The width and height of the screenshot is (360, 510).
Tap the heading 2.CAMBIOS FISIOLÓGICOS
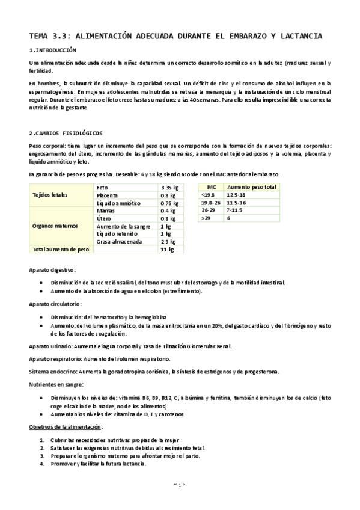(x=66, y=132)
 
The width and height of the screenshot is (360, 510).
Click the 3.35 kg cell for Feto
(x=170, y=188)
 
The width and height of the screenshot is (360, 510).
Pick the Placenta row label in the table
(x=108, y=195)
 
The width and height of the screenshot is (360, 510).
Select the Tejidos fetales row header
(x=50, y=195)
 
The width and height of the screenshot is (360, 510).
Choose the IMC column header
(x=212, y=187)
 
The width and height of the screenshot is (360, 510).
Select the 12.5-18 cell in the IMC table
(x=236, y=195)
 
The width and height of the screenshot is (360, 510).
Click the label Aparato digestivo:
(x=52, y=271)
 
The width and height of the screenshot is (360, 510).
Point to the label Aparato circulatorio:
(x=55, y=304)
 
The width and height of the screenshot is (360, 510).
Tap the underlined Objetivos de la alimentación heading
(x=66, y=426)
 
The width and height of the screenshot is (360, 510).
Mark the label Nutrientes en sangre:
(x=56, y=384)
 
